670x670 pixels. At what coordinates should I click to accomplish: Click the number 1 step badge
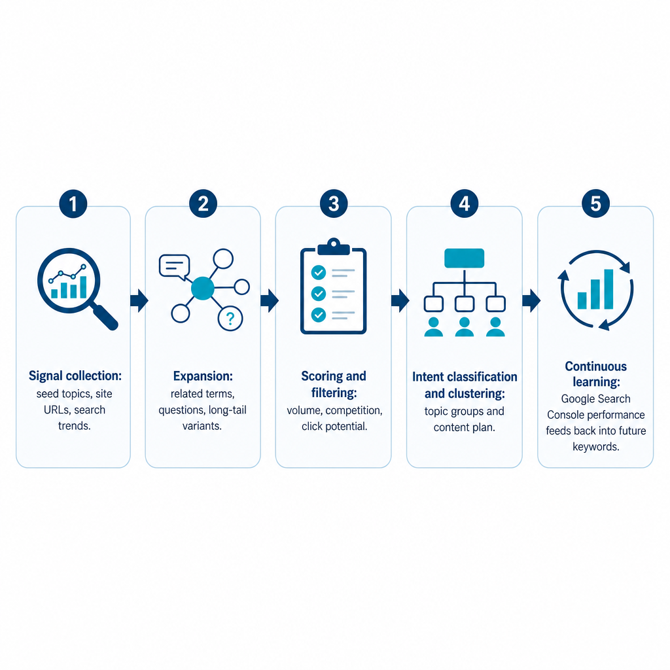point(73,204)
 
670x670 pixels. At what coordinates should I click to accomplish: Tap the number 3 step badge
point(334,203)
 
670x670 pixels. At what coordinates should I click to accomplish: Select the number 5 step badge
point(595,203)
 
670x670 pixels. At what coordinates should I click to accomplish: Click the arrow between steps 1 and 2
point(139,300)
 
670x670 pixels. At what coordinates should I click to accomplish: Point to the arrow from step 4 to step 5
point(531,300)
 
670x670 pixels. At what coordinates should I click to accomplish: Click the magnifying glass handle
point(105,317)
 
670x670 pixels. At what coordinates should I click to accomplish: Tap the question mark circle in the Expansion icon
point(230,319)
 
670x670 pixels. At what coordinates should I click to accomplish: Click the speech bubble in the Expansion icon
point(174,267)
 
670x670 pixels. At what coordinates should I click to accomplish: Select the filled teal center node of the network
point(203,289)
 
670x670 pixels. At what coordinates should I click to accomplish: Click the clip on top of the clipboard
point(334,247)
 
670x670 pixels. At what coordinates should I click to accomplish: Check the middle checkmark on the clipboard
point(319,294)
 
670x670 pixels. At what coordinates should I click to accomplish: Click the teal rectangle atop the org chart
point(465,258)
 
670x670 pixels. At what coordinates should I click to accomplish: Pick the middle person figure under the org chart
point(465,327)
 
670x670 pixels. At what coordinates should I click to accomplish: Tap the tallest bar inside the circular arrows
point(608,289)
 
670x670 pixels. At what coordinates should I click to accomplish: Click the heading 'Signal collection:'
point(75,376)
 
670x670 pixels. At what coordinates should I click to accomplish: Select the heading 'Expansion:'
point(203,376)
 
